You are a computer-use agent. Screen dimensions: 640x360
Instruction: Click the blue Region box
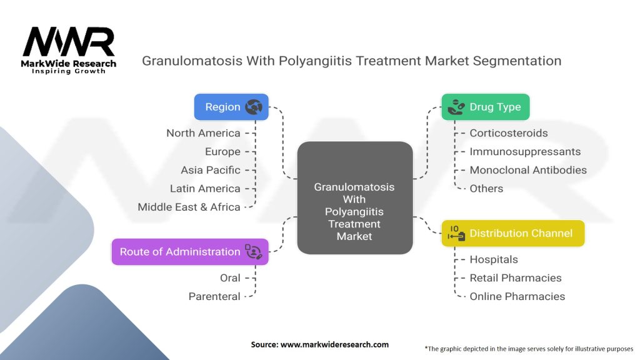coord(231,107)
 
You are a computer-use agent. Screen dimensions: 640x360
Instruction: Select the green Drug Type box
coord(485,107)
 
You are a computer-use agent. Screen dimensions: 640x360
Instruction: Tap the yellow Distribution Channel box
coord(513,234)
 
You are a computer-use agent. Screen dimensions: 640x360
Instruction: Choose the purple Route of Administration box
coord(190,252)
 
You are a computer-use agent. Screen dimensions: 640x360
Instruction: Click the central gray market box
coord(355,198)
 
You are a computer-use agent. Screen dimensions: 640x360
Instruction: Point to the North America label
coord(203,133)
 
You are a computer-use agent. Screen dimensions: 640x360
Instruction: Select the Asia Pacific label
coord(211,170)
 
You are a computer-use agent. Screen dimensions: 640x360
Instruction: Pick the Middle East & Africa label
coord(189,207)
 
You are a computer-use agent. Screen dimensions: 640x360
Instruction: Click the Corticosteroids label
coord(509,133)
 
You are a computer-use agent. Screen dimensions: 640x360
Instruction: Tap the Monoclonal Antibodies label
coord(528,170)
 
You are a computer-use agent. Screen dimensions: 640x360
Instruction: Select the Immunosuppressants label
coord(525,152)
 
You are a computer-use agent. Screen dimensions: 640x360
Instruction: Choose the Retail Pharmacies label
coord(516,278)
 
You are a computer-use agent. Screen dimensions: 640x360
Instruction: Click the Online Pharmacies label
coord(517,296)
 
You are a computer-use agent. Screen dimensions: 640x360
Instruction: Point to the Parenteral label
coord(214,296)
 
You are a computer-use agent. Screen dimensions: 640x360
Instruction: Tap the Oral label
coord(230,278)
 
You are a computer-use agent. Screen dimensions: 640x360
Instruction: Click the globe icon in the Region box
coord(254,107)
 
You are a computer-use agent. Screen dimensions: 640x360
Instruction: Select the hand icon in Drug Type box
coord(456,107)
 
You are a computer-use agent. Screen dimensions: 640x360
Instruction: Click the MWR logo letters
coord(69,42)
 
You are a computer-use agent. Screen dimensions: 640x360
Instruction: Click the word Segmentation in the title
coord(517,61)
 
